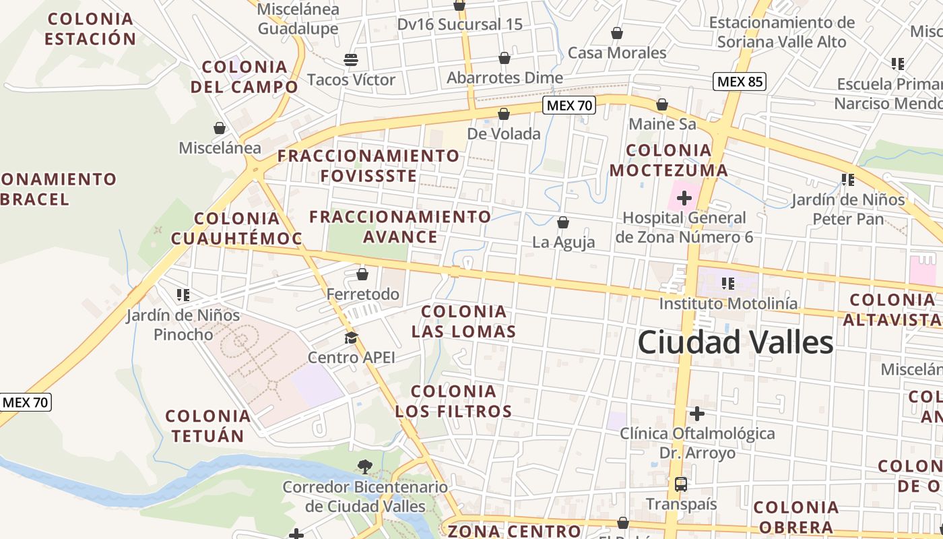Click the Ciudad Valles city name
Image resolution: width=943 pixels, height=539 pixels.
coord(736,342)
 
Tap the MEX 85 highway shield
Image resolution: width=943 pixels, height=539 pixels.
coord(740,82)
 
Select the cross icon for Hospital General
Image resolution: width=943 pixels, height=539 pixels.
coord(684,198)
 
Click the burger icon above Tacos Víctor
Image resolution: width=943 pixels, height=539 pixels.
coord(351,59)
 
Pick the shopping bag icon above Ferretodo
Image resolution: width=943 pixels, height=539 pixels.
coord(362,274)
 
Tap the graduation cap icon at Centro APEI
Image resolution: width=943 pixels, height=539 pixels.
coord(351,338)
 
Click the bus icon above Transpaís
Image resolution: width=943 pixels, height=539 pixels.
coord(681,484)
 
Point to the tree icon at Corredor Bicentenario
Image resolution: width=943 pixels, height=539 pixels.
coord(364,466)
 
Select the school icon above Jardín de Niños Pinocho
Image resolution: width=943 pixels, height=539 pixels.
coord(183,294)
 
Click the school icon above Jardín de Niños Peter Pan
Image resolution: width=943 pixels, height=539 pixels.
coord(848,179)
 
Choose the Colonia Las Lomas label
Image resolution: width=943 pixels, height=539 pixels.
coord(463,321)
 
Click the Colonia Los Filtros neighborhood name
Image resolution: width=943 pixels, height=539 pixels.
coord(453,401)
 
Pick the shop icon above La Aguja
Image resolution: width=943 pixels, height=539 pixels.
coord(563,222)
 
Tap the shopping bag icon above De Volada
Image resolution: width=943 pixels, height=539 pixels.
coord(503,114)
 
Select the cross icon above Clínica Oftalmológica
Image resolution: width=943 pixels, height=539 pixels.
coord(697,413)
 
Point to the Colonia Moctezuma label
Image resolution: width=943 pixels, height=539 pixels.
coord(669,160)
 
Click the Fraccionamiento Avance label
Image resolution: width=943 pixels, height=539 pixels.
coord(400,226)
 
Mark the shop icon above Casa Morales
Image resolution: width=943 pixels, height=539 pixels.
coord(616,33)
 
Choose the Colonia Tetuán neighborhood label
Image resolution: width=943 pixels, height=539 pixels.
coord(208,426)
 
